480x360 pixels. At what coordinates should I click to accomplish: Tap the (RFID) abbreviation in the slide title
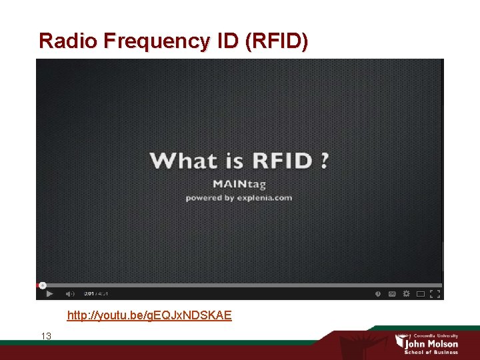[x=277, y=41]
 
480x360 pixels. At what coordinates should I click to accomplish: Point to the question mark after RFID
[x=323, y=161]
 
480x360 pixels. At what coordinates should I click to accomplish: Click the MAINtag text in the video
[x=239, y=184]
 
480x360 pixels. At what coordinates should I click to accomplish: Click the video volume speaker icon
[x=69, y=293]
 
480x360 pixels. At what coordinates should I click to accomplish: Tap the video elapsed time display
[x=88, y=293]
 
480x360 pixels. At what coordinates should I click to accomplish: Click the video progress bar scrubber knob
[x=42, y=285]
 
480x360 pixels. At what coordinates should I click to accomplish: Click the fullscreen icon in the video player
[x=434, y=293]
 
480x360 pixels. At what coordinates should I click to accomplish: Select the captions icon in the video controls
[x=392, y=293]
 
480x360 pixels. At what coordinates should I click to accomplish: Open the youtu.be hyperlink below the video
[x=149, y=315]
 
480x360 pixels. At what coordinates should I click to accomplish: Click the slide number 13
[x=46, y=336]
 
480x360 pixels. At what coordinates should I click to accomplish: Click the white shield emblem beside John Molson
[x=399, y=341]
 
